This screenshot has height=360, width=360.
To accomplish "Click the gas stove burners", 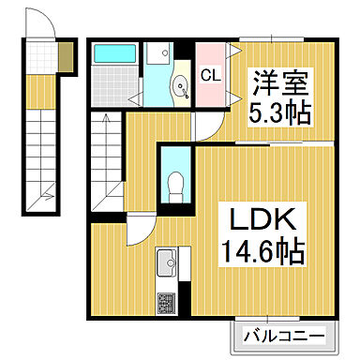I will pyautogui.click(x=166, y=302).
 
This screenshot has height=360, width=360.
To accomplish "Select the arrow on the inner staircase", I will pyautogui.click(x=106, y=122).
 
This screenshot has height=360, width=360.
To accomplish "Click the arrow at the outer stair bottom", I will pyautogui.click(x=44, y=195).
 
